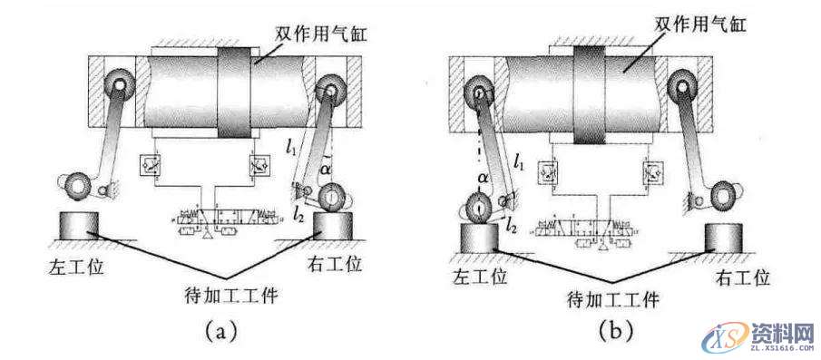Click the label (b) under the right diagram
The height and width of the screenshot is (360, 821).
(x=615, y=332)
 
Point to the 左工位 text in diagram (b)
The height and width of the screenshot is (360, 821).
(x=480, y=274)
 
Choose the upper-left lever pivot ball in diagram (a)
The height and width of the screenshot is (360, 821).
(x=117, y=85)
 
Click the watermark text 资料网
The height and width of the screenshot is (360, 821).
(x=774, y=333)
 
